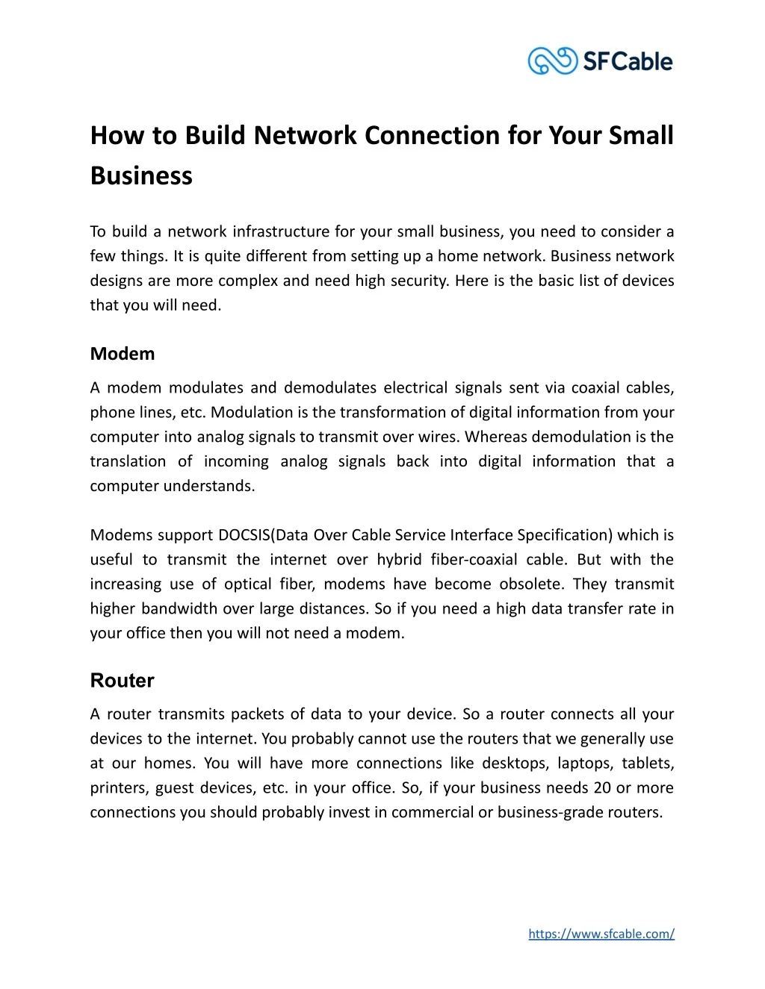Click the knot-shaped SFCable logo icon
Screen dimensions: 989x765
click(553, 60)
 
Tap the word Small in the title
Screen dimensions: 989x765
click(641, 135)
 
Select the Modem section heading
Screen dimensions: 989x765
click(123, 354)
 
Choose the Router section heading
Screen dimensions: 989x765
click(123, 681)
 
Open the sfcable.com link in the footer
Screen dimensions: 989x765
click(601, 934)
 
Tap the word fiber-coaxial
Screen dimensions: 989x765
click(474, 560)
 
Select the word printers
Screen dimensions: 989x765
click(118, 788)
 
